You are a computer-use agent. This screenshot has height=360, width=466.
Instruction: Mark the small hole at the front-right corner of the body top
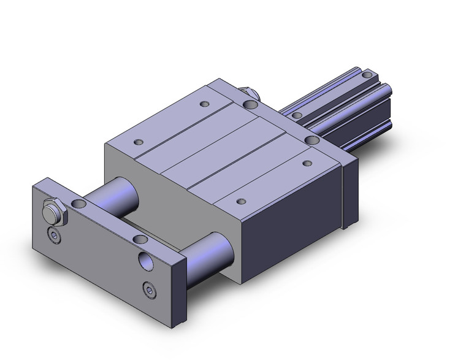[241, 201]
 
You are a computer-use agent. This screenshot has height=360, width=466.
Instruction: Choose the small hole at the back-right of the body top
[306, 163]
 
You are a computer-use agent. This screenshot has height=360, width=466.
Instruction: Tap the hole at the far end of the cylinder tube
[367, 75]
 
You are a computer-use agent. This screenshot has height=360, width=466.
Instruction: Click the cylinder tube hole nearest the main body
[297, 115]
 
